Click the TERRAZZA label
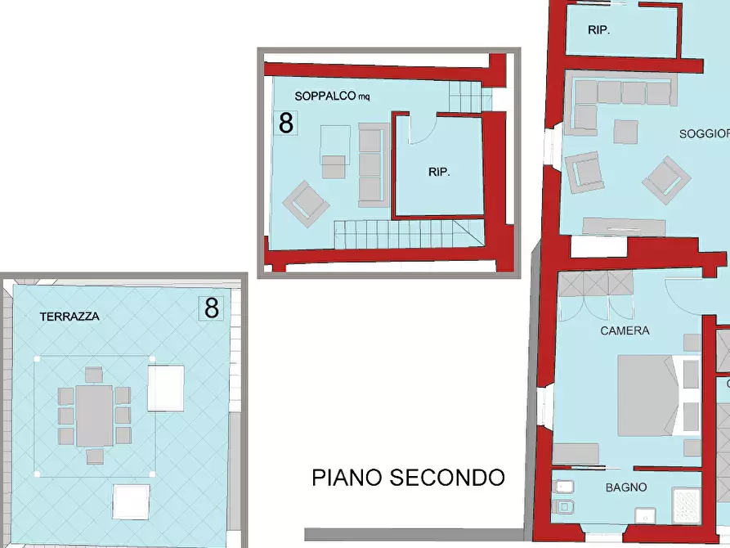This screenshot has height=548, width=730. coord(69,316)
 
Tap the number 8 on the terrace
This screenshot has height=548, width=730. coord(212,308)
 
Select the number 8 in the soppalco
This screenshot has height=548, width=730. coord(286,123)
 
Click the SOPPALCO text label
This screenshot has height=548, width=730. coord(325,96)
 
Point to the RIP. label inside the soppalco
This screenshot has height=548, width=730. coord(440,173)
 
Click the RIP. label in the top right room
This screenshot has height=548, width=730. coord(599,29)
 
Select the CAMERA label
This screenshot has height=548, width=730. coord(625,330)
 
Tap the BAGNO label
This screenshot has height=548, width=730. coord(626,487)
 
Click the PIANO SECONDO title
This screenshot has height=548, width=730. coord(408,478)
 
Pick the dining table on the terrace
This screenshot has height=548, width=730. coord(95,415)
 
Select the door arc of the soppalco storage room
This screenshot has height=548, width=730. coord(423,131)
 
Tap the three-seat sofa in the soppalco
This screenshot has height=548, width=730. coord(371,164)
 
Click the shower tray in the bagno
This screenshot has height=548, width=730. coord(685,505)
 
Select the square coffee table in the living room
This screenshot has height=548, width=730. coord(626,133)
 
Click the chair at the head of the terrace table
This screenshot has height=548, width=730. coord(94,375)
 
